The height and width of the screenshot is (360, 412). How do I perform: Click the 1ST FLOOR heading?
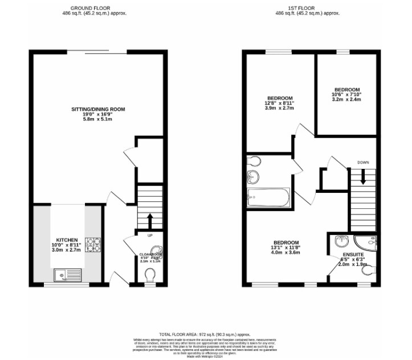308,9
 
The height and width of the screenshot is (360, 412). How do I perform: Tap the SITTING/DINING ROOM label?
98,109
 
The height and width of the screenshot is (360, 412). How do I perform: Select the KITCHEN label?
67,240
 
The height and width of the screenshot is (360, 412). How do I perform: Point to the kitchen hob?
93,245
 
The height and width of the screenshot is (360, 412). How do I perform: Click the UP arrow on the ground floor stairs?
150,220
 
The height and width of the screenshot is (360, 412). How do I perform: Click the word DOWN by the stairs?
363,163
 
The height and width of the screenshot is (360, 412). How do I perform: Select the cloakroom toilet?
150,276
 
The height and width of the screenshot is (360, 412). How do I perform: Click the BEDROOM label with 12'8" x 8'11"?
280,98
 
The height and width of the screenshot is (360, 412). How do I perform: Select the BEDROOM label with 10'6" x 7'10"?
347,90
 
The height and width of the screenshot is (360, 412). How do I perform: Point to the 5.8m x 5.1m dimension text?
98,120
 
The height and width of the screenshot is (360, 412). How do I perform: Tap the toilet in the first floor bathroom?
253,160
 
